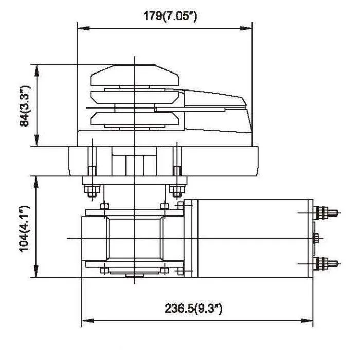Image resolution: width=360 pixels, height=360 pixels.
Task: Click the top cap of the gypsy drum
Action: tap(135, 75)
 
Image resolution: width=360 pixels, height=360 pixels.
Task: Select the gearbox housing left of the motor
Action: tap(133, 238)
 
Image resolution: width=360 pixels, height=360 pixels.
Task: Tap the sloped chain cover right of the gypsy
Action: tap(216, 103)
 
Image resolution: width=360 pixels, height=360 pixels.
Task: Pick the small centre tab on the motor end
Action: tap(316, 238)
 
